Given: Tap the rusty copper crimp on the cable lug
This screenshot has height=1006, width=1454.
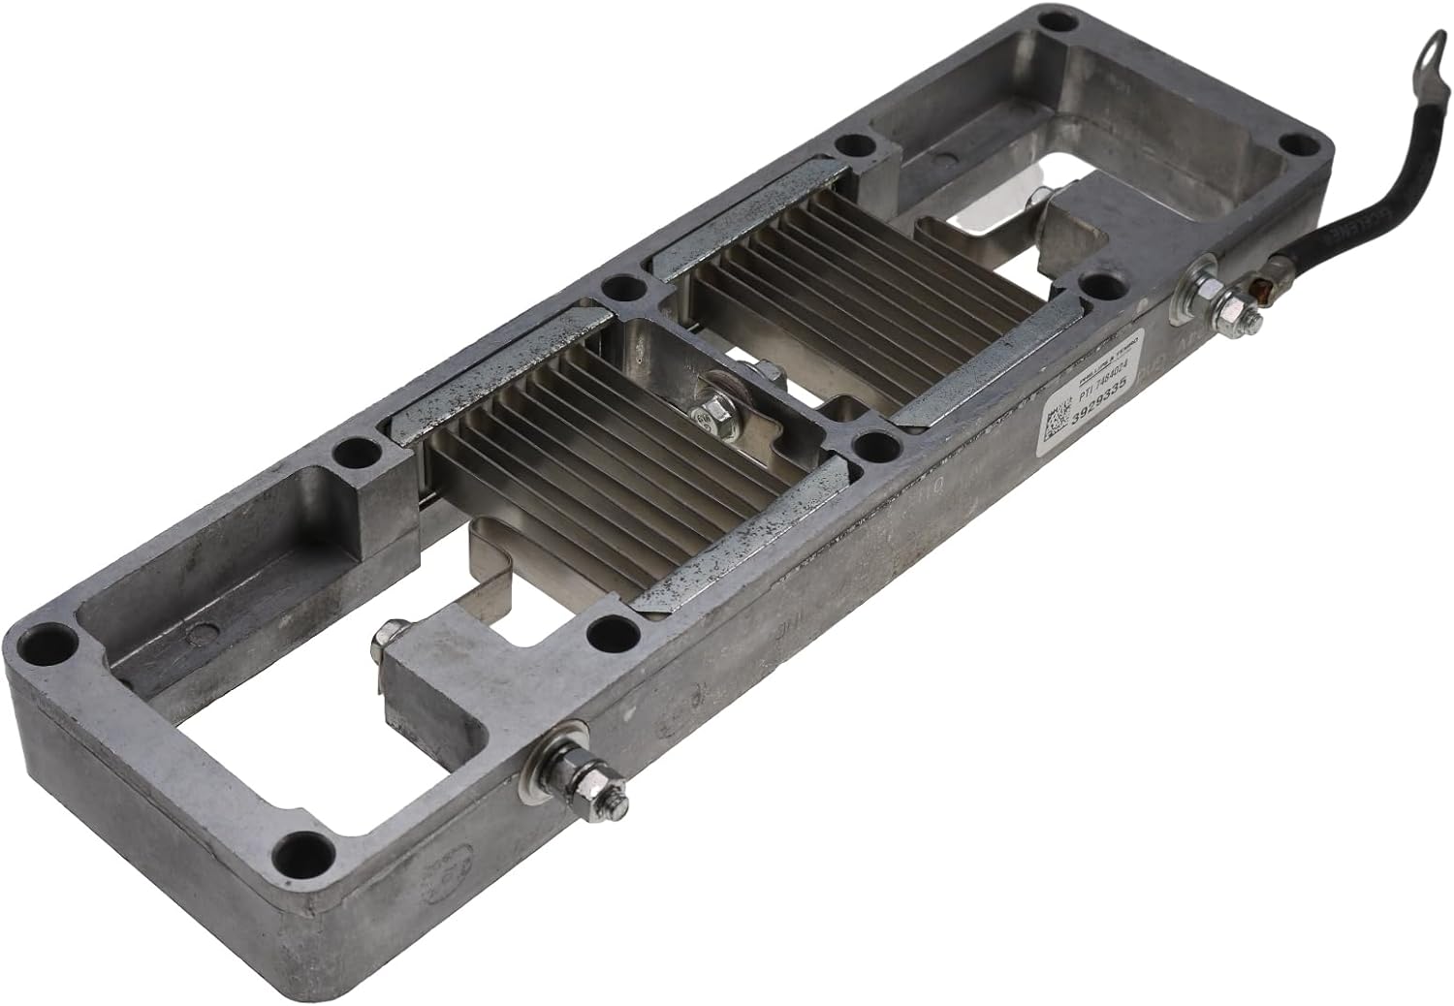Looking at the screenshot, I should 1263,288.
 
